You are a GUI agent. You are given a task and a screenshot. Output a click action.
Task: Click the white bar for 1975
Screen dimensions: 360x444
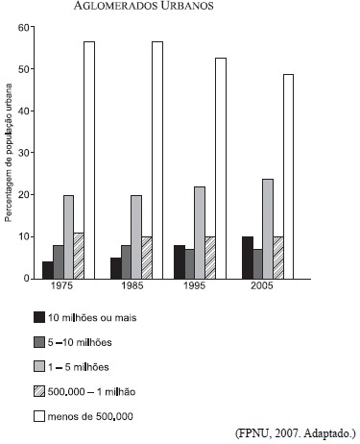tap(89, 160)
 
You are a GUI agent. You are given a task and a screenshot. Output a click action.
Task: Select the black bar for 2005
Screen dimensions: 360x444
tap(248, 258)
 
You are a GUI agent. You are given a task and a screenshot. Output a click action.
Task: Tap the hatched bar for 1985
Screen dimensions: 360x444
tap(147, 258)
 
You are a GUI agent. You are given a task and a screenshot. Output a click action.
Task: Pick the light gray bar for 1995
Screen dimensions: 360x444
tap(200, 233)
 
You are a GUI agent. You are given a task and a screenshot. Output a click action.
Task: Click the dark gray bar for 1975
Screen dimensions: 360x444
tap(59, 262)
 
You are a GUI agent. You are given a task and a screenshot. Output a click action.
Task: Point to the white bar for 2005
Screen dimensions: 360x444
tap(288, 177)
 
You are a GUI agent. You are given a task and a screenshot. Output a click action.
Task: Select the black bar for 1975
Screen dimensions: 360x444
tap(48, 270)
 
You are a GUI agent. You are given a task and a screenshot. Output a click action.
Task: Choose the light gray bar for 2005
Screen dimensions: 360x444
tap(268, 229)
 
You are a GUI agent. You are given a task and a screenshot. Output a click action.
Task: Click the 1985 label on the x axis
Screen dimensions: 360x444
tap(132, 285)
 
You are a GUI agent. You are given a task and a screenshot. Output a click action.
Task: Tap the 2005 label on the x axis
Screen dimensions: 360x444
tap(262, 285)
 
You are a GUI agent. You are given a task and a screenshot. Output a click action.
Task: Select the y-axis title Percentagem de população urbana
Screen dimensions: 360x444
tap(9, 153)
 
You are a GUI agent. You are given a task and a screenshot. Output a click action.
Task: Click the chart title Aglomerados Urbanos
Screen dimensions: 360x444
tap(143, 6)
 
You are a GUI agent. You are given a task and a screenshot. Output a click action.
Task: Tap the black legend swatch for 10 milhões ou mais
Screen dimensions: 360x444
tap(39, 317)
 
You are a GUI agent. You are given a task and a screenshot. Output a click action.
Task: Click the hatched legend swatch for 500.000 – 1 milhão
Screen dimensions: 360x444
tap(39, 391)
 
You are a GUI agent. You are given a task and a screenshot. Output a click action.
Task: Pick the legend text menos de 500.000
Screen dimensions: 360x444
tap(90, 416)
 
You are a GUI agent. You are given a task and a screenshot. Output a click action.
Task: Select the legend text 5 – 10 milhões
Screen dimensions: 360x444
tap(80, 342)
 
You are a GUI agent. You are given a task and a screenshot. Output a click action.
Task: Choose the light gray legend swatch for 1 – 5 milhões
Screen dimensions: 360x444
tap(39, 366)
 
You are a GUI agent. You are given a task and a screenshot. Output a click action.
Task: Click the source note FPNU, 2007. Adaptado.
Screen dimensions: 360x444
tap(296, 433)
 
